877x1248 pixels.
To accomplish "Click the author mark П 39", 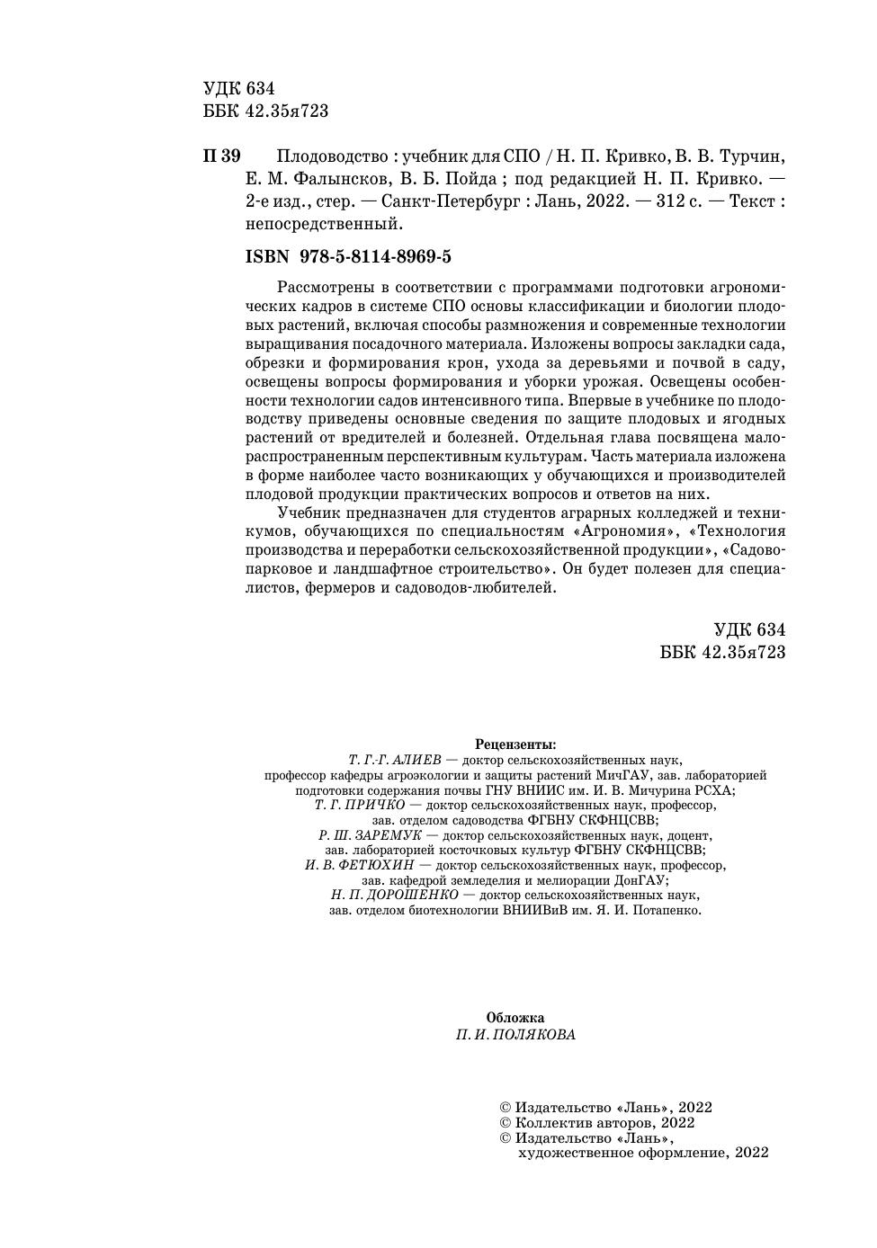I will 221,156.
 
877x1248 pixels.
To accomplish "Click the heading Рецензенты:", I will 515,744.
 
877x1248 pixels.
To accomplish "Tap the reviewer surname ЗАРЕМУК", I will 389,835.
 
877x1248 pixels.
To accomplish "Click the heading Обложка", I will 515,1018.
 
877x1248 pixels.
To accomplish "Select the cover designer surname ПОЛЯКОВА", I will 534,1034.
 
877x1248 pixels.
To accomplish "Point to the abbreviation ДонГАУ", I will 640,880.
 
